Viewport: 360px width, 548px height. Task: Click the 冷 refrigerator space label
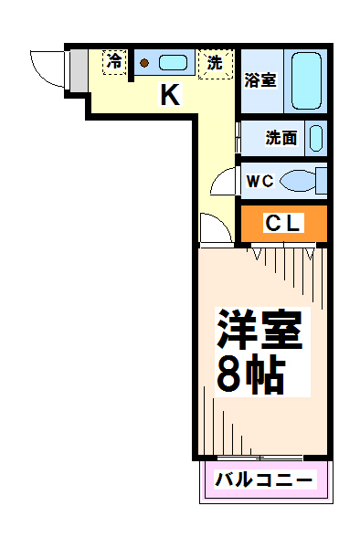pos(114,61)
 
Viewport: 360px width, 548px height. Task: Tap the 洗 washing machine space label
pos(215,63)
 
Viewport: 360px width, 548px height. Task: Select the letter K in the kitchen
pos(170,94)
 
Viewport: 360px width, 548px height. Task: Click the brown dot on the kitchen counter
pos(144,63)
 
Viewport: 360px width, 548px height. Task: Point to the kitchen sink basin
pos(173,63)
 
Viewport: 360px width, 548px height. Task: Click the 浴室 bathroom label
pos(260,80)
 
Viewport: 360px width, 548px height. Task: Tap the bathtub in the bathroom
pos(306,80)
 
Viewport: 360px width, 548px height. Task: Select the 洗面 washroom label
pos(281,138)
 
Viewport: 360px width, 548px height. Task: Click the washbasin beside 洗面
pos(316,138)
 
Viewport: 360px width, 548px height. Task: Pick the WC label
pos(260,181)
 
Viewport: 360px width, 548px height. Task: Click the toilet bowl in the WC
pos(298,181)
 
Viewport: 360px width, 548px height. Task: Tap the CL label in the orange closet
pos(282,223)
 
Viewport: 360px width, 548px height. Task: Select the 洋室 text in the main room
pos(259,329)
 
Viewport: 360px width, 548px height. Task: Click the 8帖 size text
pos(250,374)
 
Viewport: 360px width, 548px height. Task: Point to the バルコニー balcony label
pos(263,479)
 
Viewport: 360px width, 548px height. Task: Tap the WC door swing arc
pos(217,179)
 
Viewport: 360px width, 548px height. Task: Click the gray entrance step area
pos(79,70)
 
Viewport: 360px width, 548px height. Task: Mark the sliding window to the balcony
pos(259,458)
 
